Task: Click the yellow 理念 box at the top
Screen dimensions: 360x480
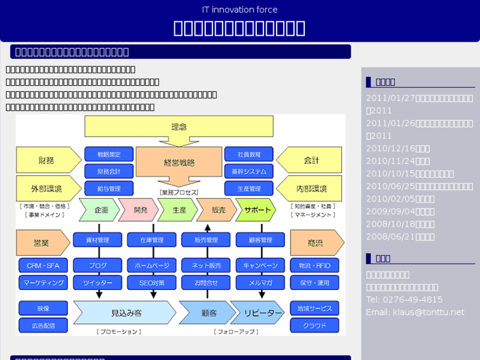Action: [178, 126]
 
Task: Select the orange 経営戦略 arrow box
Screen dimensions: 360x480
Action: [178, 162]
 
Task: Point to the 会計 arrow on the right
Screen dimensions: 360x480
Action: [311, 160]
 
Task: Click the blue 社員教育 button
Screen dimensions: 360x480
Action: [249, 154]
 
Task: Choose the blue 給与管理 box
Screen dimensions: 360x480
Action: [109, 189]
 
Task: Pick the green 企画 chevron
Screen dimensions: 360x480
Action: [100, 209]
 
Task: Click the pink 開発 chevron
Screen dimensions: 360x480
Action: [140, 209]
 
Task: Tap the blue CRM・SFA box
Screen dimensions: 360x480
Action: [43, 266]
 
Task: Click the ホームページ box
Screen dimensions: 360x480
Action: [152, 266]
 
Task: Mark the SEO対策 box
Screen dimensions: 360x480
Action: [152, 283]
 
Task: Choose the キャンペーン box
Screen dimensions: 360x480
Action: [260, 266]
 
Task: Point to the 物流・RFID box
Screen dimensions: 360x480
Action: [314, 266]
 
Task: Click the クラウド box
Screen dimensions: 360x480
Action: [314, 326]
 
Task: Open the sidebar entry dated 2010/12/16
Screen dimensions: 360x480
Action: [397, 149]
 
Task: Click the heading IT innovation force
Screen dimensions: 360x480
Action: [240, 9]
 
